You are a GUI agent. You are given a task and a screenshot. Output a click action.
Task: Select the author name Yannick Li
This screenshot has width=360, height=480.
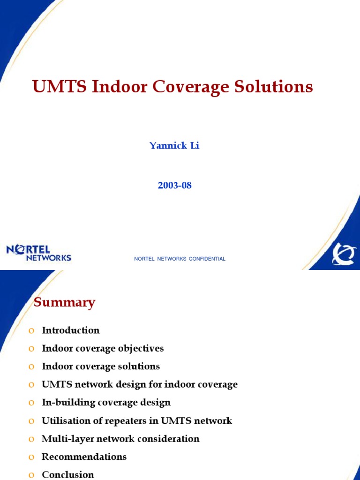[x=174, y=146]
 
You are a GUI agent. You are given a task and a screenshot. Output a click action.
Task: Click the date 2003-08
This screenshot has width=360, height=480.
[x=174, y=186]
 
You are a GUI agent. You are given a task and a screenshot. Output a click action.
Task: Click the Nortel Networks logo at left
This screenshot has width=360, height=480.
[x=39, y=253]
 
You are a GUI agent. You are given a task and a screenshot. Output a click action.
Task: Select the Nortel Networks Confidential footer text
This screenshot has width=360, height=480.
[x=180, y=259]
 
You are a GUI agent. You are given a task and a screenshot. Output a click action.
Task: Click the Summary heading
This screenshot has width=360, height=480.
[x=64, y=303]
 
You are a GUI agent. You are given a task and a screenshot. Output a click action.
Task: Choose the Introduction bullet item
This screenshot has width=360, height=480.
[x=71, y=330]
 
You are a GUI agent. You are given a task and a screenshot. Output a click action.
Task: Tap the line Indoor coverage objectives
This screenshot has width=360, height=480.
[x=103, y=349]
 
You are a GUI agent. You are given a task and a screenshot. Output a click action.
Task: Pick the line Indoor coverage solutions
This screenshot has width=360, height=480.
[x=101, y=367]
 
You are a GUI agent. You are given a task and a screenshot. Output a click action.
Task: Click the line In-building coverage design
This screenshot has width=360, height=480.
[x=106, y=403]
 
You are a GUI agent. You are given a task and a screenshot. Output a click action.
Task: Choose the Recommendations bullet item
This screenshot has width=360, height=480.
[x=84, y=457]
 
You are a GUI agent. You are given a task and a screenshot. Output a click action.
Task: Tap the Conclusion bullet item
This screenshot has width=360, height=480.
[x=68, y=475]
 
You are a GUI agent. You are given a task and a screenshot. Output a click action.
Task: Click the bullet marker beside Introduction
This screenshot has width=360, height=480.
[x=31, y=331]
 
